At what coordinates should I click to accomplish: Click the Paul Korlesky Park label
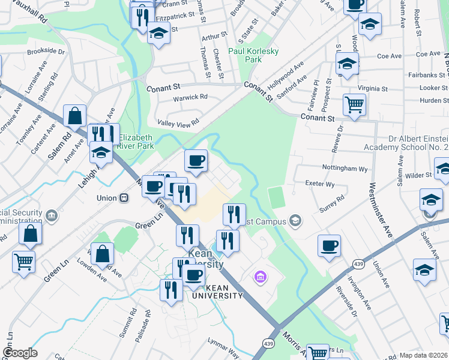253,55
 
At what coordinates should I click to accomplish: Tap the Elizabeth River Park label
136,141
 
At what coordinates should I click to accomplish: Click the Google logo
20,353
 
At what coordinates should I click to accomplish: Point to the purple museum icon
260,277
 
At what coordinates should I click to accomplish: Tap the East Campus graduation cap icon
295,221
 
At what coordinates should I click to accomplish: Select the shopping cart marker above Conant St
354,105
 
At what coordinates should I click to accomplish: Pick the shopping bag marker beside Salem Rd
75,116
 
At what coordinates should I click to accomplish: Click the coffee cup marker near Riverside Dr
329,245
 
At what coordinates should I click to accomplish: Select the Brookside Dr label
46,52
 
